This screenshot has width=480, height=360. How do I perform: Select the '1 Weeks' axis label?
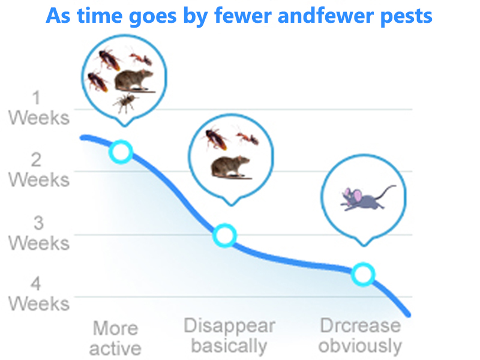(38, 108)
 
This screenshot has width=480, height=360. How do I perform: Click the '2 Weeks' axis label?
(38, 170)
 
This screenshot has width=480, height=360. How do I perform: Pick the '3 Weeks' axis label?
(38, 233)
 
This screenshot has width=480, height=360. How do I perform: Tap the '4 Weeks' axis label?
(38, 294)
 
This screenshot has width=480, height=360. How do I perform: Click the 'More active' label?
(116, 338)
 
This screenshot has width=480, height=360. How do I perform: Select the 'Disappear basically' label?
(229, 336)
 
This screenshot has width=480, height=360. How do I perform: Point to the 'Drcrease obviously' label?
(360, 335)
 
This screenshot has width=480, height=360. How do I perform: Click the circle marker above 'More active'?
(121, 152)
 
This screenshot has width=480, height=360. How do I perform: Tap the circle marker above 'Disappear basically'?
(224, 236)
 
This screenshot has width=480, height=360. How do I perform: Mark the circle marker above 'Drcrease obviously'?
(363, 274)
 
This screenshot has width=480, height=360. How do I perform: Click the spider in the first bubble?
(126, 102)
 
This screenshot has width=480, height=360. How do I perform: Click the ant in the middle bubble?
(248, 137)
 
